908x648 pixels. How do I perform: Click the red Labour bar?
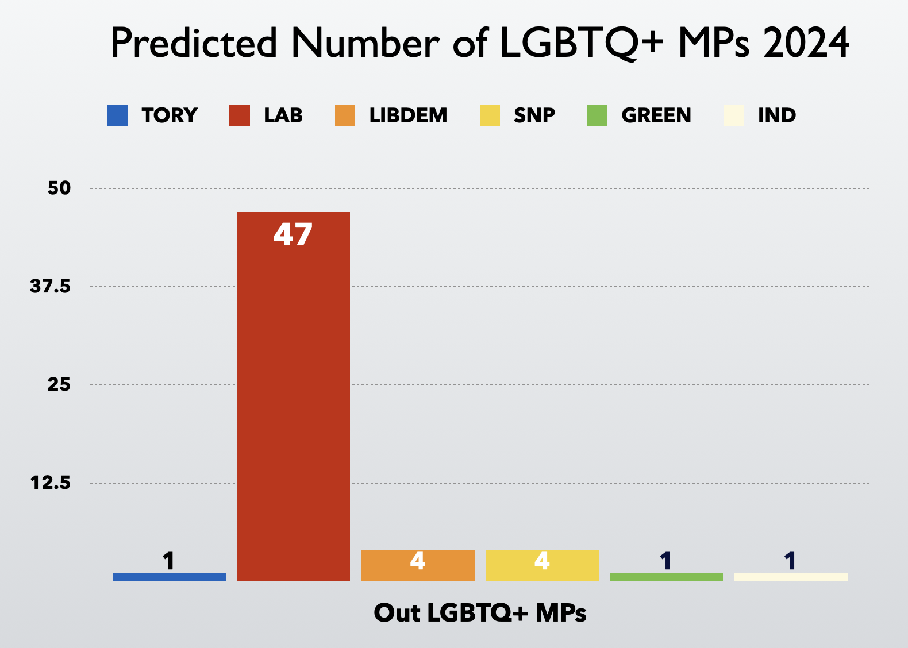293,396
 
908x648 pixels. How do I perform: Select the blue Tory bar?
169,577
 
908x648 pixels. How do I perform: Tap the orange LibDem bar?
418,565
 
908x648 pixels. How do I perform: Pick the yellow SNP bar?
542,565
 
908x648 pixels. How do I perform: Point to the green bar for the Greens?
666,577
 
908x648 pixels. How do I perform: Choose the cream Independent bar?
791,577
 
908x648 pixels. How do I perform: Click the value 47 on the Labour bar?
293,234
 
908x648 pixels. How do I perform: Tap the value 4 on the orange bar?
418,561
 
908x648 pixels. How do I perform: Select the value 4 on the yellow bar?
542,561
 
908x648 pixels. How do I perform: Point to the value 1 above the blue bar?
168,561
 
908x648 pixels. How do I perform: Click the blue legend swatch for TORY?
118,115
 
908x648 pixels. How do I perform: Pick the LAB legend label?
283,115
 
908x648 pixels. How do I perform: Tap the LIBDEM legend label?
408,115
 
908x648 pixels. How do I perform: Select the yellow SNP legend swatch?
490,115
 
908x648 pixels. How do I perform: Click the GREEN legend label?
656,115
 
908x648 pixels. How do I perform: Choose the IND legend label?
777,115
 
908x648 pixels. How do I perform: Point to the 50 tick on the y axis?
59,188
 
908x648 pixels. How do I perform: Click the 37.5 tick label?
51,286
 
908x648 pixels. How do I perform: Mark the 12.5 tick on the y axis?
51,483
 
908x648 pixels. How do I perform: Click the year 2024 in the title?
806,43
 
